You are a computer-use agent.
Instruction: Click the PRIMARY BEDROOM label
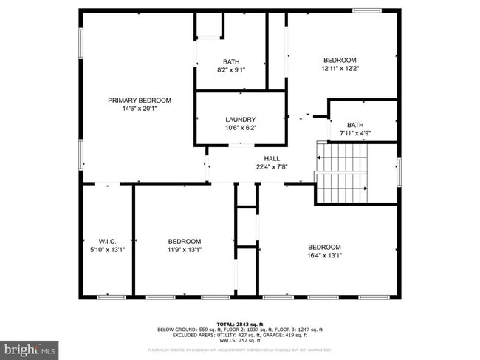[140, 101]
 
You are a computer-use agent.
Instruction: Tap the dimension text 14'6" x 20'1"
[140, 109]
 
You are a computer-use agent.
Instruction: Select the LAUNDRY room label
[240, 120]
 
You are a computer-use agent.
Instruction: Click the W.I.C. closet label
[108, 242]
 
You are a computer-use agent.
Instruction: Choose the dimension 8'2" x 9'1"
[230, 69]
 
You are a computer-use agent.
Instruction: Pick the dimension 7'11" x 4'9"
[355, 133]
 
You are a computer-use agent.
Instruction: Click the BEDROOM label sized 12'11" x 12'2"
[340, 61]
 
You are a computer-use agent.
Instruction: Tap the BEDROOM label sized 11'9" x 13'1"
[184, 242]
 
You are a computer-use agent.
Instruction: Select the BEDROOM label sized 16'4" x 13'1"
[324, 247]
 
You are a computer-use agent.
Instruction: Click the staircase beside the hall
[342, 173]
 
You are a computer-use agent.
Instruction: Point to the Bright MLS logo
[30, 348]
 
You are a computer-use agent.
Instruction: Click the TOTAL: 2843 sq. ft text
[240, 324]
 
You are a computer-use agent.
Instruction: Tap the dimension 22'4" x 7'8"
[271, 167]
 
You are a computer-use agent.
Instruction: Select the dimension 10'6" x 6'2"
[240, 128]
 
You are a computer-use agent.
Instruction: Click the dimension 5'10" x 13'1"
[108, 250]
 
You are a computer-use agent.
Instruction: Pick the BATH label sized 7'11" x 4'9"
[355, 125]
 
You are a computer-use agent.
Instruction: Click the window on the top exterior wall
[366, 10]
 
